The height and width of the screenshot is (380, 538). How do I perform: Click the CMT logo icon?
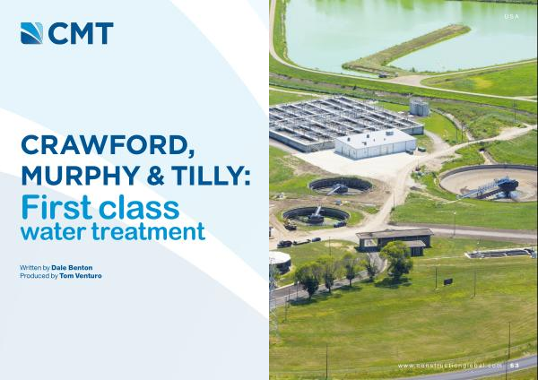[x=31, y=33]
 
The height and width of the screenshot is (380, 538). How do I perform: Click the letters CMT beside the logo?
[x=81, y=34]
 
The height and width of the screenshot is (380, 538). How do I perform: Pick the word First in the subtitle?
[x=56, y=207]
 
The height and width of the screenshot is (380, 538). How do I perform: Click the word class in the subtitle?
[x=139, y=207]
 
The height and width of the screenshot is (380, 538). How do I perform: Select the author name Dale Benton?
[x=72, y=267]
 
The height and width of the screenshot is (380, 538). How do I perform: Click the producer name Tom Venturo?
[x=81, y=276]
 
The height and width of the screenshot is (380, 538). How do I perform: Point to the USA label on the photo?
[x=511, y=16]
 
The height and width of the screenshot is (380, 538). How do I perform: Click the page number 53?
[x=514, y=366]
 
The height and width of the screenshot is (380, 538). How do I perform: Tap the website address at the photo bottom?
[x=450, y=366]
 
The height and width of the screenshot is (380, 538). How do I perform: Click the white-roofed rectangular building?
[x=376, y=143]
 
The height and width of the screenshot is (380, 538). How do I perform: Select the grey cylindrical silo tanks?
[x=419, y=107]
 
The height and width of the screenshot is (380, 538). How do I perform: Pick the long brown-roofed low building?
[x=395, y=240]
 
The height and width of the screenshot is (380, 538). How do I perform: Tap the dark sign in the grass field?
[x=447, y=282]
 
